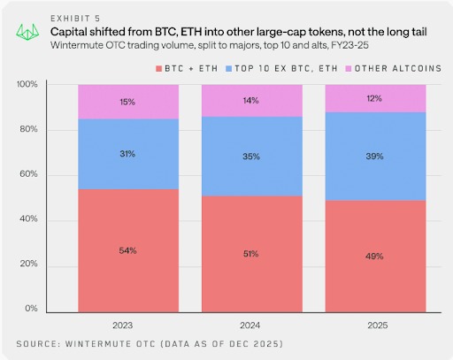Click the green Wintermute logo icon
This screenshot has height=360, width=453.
[28, 30]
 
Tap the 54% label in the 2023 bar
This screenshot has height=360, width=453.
[128, 251]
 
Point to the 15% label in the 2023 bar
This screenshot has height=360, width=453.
[128, 102]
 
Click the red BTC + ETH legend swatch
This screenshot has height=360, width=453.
[158, 68]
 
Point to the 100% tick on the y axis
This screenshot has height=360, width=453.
[27, 85]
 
